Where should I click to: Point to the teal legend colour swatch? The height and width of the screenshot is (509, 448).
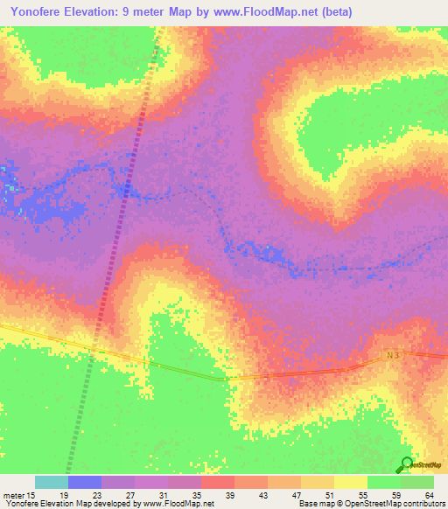tap(51, 482)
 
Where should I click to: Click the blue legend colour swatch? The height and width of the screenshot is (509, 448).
tap(85, 482)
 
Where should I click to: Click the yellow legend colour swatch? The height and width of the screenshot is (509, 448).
tap(351, 482)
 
